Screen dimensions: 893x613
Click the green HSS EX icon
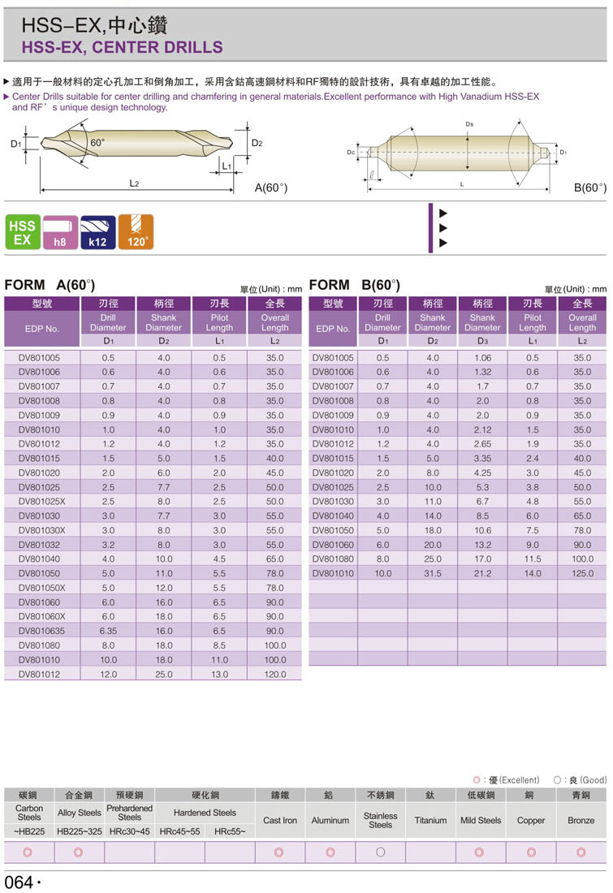(22, 232)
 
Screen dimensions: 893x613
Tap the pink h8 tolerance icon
(59, 232)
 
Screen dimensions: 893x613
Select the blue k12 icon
(97, 232)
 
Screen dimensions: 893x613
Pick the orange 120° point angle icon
(136, 232)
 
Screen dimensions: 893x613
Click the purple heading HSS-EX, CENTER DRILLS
(122, 47)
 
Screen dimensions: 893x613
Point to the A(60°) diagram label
(271, 188)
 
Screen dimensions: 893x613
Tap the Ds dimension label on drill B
(470, 123)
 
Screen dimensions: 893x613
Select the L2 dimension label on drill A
(135, 184)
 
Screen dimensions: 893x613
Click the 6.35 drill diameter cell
(108, 631)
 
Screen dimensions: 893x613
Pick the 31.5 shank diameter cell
(433, 574)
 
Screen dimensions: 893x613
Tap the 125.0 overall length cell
(582, 574)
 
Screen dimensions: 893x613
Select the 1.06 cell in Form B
(482, 358)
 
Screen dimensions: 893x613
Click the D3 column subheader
(482, 342)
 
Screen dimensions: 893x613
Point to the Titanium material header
(430, 820)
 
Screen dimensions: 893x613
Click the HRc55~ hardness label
(230, 832)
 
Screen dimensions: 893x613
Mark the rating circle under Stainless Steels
(380, 852)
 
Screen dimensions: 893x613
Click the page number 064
(19, 882)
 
